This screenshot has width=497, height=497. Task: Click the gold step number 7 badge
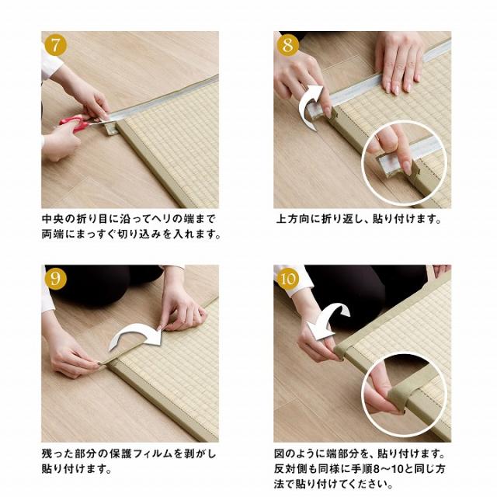[55, 45]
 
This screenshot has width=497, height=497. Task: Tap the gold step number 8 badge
[288, 45]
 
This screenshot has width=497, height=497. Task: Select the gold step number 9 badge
[55, 279]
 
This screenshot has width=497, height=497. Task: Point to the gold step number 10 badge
[288, 279]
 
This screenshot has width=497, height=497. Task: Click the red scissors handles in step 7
[75, 123]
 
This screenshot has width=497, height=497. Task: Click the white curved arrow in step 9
[137, 336]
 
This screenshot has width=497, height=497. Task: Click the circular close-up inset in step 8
[405, 164]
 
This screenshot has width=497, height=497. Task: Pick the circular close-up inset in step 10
[405, 395]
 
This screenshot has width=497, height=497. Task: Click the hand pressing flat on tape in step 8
[400, 62]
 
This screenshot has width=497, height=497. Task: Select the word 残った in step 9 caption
[57, 454]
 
